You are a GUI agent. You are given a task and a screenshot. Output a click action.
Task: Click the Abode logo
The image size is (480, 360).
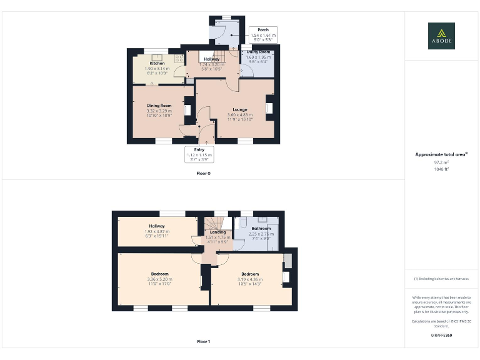coord(441,36)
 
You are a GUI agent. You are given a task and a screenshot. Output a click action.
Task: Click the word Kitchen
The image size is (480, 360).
coord(157,64)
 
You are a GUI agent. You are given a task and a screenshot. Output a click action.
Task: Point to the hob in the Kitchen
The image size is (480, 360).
coord(178,59)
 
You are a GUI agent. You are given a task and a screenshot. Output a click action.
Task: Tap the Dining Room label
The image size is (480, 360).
coord(159,106)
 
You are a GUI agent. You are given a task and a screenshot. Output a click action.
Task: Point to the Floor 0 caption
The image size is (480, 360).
coord(203,173)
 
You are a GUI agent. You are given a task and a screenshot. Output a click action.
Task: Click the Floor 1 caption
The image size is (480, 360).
coord(203,342)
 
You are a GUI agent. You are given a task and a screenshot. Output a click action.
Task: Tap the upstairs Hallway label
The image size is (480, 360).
coord(157,226)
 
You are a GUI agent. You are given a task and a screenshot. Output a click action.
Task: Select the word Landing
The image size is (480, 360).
coord(218,232)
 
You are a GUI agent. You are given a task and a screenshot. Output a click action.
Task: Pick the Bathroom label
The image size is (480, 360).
coord(261,229)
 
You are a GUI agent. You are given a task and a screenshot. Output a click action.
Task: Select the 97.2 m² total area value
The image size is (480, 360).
coord(441,162)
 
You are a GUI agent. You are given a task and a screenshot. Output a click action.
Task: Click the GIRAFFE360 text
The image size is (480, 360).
coord(441,336)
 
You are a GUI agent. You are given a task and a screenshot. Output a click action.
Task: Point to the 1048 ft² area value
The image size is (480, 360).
coord(441,169)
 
